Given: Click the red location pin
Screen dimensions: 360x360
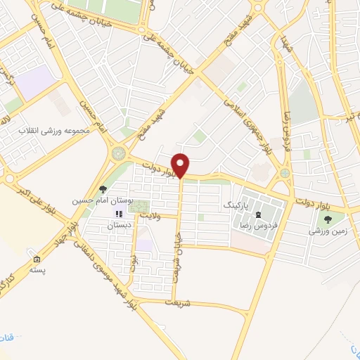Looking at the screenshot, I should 181,165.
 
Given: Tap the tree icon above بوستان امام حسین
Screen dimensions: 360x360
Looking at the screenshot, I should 103,189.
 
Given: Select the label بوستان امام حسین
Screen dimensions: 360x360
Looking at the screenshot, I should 93,200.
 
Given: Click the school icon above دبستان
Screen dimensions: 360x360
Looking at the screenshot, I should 119,214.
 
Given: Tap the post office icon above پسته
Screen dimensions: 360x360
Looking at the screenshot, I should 37,260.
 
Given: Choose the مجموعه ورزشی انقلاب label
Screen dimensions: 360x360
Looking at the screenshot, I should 52,132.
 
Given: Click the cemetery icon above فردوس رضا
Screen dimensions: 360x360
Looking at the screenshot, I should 258,214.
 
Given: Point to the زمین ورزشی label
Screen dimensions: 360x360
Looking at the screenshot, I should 326,231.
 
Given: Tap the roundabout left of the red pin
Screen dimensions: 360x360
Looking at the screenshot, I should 117,153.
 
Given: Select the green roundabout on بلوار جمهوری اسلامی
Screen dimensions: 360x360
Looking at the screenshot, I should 285,173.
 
